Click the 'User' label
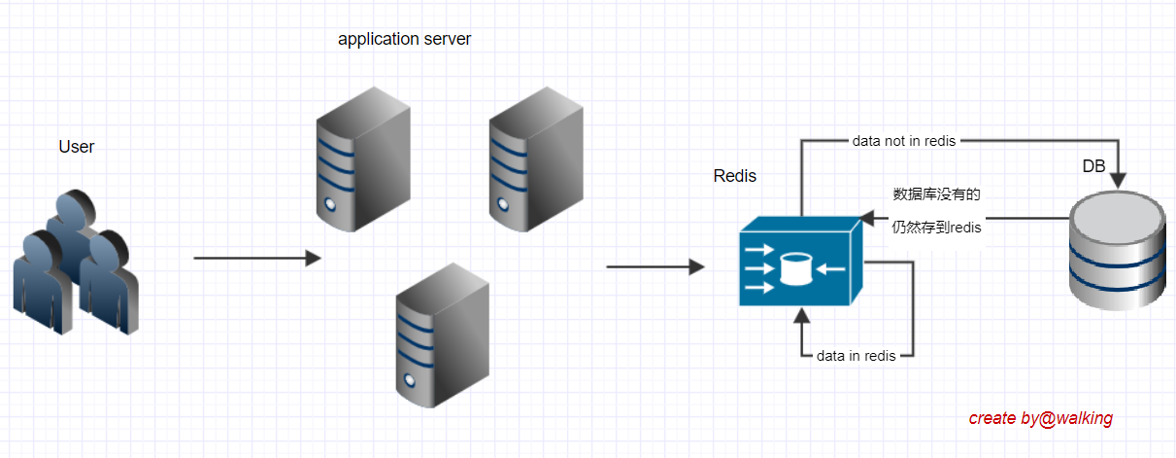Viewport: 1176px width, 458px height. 77,147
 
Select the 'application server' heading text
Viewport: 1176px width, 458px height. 404,40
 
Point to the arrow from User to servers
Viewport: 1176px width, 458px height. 257,259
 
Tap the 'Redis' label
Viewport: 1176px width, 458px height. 735,176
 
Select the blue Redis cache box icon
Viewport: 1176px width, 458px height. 799,264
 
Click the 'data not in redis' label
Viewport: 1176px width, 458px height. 904,141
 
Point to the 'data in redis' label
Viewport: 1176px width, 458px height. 856,356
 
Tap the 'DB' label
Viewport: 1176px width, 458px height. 1093,167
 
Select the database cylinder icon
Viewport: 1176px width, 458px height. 1116,251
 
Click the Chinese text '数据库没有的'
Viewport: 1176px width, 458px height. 936,194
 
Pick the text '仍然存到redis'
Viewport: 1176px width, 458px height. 936,228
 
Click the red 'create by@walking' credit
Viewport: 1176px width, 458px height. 1040,418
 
